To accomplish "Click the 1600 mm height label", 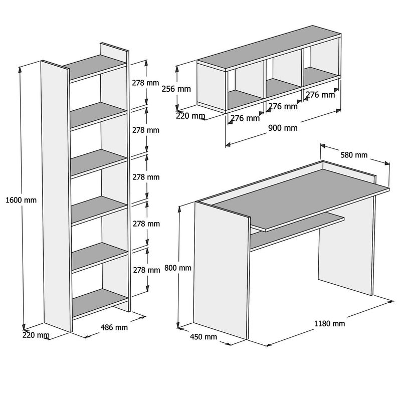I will (x=21, y=200).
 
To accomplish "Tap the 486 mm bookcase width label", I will (x=114, y=328).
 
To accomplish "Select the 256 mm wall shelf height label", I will (x=177, y=89).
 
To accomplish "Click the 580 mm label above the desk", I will (x=354, y=155).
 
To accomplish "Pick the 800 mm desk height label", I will (x=178, y=268).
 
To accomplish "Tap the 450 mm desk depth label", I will (x=204, y=337).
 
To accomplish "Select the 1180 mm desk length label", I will (x=329, y=323).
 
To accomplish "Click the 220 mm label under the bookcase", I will (x=36, y=335).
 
